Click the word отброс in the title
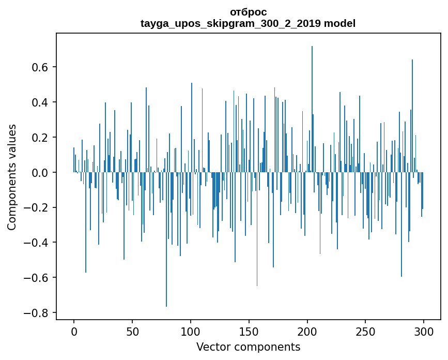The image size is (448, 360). [x=248, y=12]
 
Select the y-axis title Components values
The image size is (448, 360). [x=12, y=177]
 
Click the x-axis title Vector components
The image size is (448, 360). [x=248, y=347]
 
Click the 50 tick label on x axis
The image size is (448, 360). [x=132, y=331]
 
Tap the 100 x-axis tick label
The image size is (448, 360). [x=191, y=331]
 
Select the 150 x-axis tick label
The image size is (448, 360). [x=249, y=331]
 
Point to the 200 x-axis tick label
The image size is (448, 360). [x=307, y=331]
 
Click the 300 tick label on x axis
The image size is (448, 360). [x=424, y=331]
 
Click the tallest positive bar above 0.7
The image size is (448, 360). [x=312, y=103]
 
